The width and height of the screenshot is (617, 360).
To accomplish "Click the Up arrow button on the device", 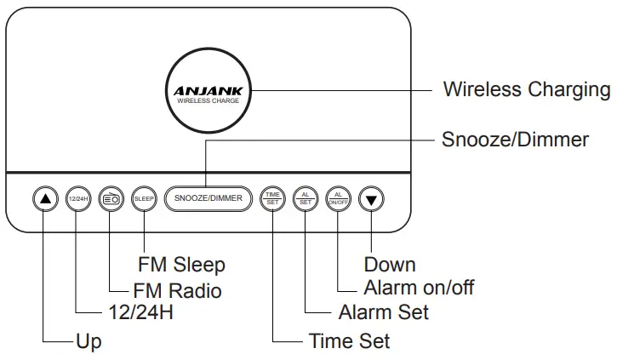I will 45,198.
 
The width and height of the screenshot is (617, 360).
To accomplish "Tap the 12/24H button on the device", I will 77,198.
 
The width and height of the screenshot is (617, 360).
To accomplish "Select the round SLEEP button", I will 142,198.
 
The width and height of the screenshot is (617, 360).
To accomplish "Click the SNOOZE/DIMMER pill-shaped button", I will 208,198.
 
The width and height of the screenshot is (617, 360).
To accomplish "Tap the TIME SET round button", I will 272,198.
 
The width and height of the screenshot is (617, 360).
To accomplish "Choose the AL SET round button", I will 306,198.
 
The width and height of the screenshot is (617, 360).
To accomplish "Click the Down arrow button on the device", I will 371,198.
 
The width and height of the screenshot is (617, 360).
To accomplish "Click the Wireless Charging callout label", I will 526,89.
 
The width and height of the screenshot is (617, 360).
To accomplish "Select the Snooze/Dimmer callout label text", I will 515,140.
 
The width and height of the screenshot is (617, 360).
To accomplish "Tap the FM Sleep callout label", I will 181,265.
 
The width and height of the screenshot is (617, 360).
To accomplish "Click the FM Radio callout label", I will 177,290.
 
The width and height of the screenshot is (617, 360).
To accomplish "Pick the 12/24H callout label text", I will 142,313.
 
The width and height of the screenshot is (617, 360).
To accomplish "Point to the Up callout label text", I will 89,341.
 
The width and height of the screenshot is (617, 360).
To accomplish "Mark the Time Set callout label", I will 349,341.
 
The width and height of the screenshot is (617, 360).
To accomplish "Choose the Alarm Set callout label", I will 383,312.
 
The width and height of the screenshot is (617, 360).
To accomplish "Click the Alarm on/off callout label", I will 419,287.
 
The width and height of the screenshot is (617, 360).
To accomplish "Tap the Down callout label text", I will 390,265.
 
